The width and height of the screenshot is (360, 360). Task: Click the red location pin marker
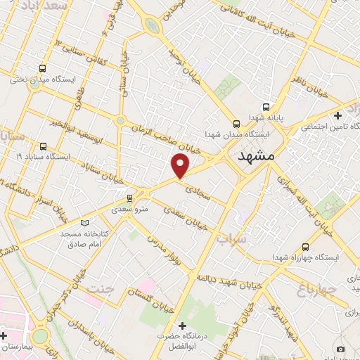pos(181,165)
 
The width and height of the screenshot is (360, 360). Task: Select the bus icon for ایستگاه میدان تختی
pos(43,69)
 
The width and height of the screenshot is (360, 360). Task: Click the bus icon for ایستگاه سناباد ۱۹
pos(44,146)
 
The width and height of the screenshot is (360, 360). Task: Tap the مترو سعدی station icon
pos(129,198)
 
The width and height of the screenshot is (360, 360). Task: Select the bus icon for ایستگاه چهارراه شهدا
pos(305,247)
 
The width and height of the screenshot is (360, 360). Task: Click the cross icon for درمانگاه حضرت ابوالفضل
pos(183,326)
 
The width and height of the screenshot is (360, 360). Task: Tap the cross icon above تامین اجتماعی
pos(339,115)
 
